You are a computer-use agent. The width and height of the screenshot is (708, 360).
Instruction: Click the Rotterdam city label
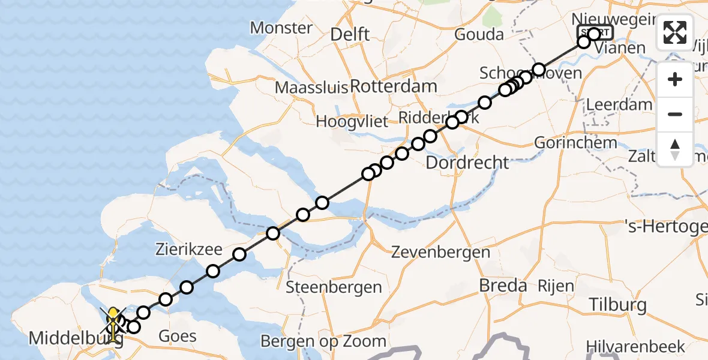pos(393,86)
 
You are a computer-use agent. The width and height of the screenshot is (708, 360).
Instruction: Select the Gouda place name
pos(479,35)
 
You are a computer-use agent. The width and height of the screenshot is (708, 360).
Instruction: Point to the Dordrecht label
pos(467,163)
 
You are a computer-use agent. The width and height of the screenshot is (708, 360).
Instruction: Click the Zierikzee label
pos(190,250)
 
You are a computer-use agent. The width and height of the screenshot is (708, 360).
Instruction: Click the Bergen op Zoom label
pos(323,341)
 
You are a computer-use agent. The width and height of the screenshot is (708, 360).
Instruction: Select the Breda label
pos(503,286)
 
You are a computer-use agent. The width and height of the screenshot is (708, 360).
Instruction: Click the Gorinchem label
pos(575,143)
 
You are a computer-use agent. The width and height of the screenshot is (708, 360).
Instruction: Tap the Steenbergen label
pos(334,287)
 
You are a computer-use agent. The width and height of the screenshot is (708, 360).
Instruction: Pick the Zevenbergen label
pos(440,253)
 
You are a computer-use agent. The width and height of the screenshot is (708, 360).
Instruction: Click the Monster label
pos(281,28)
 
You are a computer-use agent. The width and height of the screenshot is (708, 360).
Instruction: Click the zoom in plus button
pos(675,80)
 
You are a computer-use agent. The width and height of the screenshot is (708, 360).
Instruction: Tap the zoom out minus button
pos(675,114)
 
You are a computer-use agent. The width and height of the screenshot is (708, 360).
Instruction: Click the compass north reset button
pos(675,149)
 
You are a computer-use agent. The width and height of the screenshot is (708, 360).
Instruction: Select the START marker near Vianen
pos(595,32)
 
